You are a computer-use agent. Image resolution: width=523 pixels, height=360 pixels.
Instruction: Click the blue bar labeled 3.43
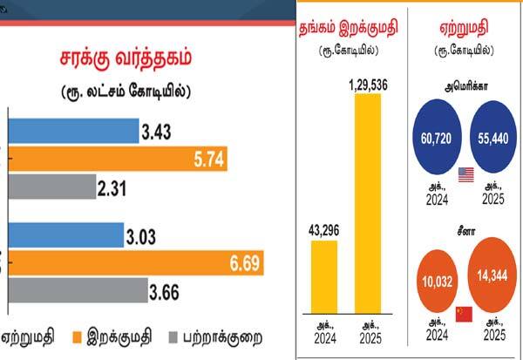point(74,132)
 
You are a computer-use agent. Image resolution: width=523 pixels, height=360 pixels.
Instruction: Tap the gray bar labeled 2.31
point(52,187)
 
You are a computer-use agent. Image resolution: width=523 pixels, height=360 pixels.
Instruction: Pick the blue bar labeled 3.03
point(66,235)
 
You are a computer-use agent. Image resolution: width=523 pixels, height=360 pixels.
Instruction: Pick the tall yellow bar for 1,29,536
point(367,204)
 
